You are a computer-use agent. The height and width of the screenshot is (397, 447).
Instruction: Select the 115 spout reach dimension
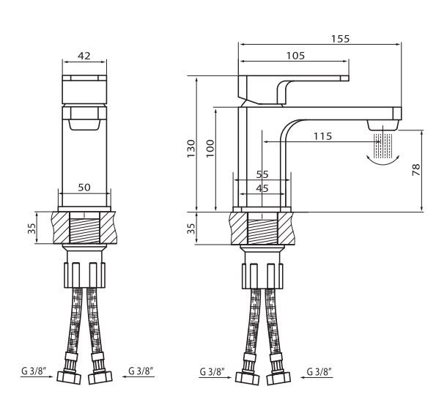(323, 136)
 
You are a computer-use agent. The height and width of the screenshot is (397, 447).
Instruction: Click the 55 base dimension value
(262, 175)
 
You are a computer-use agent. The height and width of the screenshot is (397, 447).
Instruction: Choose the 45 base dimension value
(262, 188)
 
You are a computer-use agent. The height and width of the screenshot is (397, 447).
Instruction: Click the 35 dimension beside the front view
(32, 229)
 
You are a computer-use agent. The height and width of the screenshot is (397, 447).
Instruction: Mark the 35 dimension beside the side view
(191, 229)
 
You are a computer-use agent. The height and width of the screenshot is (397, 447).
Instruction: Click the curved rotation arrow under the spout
(385, 162)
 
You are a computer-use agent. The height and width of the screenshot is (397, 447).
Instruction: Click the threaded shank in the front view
(84, 229)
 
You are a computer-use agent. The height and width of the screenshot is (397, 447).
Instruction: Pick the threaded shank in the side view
(262, 229)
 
